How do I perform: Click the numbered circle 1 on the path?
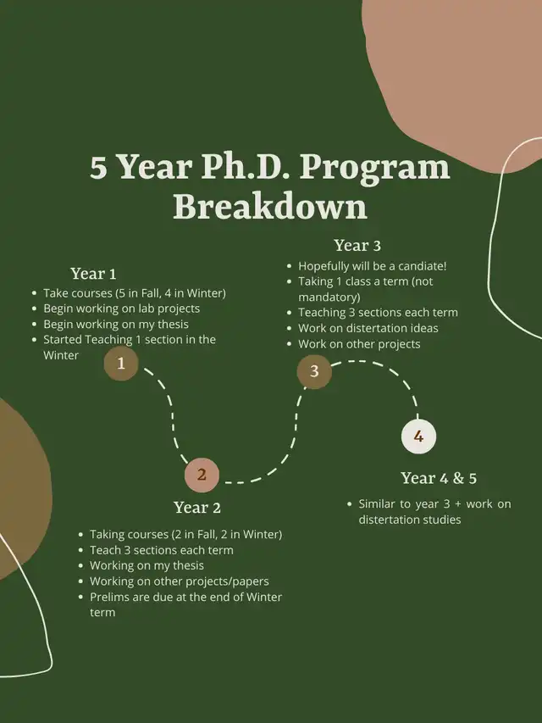click(121, 364)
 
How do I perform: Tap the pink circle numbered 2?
click(202, 475)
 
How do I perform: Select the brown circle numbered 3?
click(314, 371)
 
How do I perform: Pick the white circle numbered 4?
click(418, 437)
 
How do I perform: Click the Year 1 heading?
click(93, 274)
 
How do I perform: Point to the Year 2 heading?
click(197, 508)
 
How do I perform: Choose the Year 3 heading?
click(357, 245)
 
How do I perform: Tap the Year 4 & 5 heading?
click(439, 478)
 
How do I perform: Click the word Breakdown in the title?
click(270, 206)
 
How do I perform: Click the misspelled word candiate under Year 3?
click(422, 266)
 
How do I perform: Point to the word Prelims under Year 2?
click(108, 597)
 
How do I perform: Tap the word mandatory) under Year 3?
click(329, 297)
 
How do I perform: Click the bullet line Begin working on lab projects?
click(122, 309)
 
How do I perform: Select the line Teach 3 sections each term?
click(161, 550)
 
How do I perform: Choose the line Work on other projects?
click(359, 344)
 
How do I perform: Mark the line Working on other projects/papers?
click(180, 581)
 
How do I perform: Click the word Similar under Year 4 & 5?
click(376, 504)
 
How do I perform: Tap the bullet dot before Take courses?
click(34, 294)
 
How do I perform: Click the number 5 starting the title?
click(98, 167)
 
